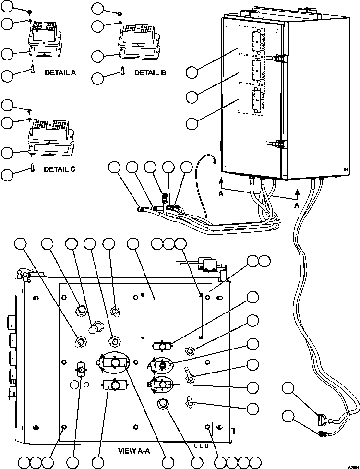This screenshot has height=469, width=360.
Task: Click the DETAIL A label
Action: click(x=60, y=73)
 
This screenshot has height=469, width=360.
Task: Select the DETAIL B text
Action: click(x=150, y=73)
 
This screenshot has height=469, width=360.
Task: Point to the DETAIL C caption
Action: click(x=60, y=169)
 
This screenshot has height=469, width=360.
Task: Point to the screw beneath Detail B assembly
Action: click(x=123, y=72)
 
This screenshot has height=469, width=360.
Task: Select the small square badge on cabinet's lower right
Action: click(x=345, y=169)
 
